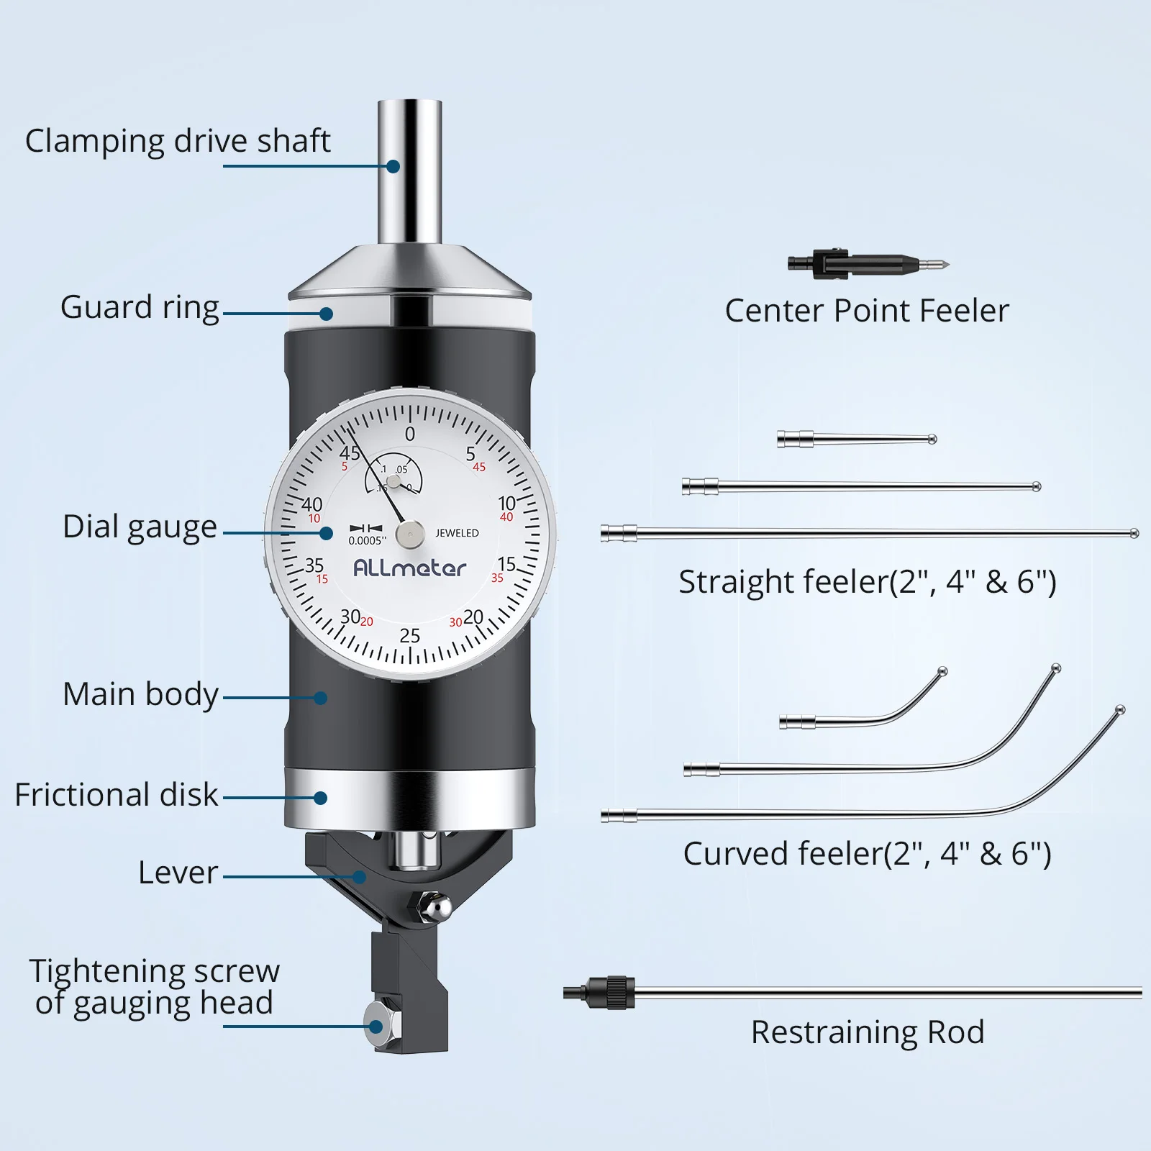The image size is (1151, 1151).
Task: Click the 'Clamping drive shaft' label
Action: [x=178, y=141]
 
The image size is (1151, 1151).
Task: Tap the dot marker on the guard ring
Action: [x=326, y=314]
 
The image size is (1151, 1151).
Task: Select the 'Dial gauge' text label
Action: [x=140, y=527]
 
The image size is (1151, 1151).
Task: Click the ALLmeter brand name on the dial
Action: [x=409, y=568]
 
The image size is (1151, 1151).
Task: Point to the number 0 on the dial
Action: [x=410, y=435]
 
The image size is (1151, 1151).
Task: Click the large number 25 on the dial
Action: [x=409, y=636]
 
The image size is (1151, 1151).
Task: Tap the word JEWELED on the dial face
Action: [x=457, y=533]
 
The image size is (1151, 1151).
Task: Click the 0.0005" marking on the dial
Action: [x=367, y=541]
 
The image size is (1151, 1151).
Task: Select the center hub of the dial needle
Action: [x=410, y=534]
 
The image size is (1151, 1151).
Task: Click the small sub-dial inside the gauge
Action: [x=394, y=476]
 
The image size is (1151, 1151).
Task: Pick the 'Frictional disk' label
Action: [x=116, y=795]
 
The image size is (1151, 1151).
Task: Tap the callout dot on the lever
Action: [x=359, y=877]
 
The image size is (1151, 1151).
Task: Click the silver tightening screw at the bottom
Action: [x=374, y=1027]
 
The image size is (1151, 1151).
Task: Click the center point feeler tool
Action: [x=867, y=264]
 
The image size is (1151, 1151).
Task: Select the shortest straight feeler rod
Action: [x=856, y=439]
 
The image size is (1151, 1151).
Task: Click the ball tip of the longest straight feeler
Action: [x=1134, y=534]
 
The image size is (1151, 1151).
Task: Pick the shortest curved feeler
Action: [x=863, y=712]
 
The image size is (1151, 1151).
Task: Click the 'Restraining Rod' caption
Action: [x=868, y=1032]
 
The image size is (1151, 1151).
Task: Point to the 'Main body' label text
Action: [x=140, y=694]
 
